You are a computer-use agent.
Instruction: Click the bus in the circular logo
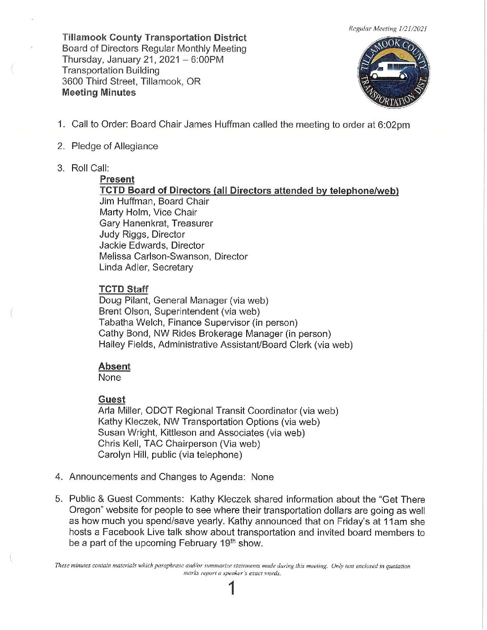[392, 73]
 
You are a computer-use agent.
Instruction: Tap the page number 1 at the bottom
[232, 588]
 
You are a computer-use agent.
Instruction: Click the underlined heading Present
[117, 179]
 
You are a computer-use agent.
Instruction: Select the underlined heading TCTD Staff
[123, 289]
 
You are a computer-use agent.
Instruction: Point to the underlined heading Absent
[114, 366]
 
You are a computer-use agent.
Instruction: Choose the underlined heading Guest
[111, 400]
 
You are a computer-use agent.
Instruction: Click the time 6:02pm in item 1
[393, 125]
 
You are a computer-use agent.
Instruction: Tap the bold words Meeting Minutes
[99, 93]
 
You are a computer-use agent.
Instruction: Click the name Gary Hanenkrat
[132, 223]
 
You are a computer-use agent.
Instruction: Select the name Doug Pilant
[124, 301]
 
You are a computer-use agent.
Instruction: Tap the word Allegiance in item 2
[136, 146]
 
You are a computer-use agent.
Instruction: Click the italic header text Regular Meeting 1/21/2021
[388, 29]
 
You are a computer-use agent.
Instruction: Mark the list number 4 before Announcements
[59, 477]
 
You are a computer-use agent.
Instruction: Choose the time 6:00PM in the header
[207, 60]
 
